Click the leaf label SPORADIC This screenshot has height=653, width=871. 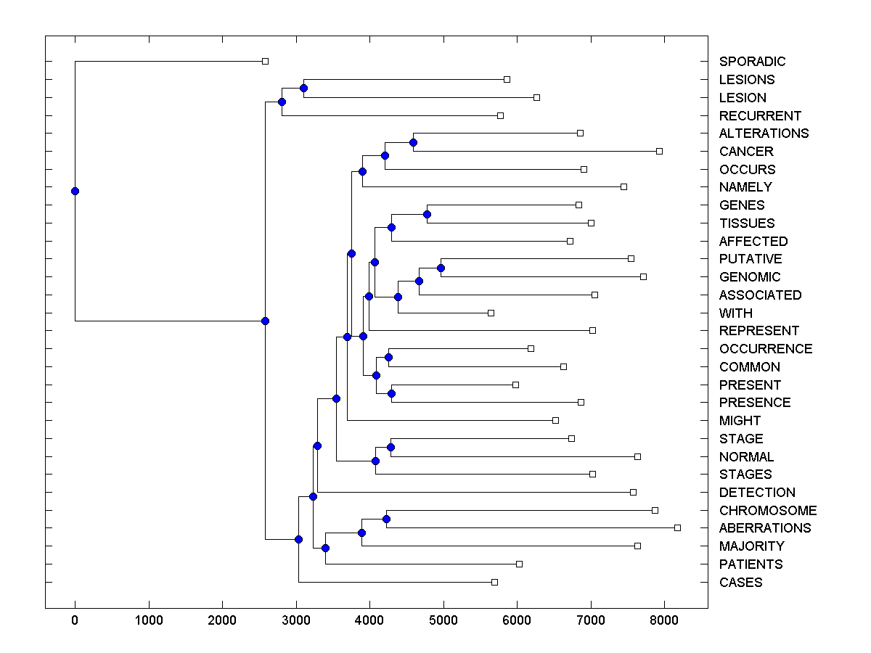click(752, 62)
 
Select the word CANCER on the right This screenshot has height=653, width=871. click(746, 152)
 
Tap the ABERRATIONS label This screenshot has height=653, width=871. click(765, 528)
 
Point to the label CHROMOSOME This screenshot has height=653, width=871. click(768, 511)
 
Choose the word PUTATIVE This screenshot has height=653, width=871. click(751, 259)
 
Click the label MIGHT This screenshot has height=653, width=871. click(740, 421)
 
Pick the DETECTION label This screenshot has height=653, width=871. click(757, 493)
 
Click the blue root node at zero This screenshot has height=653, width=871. click(75, 191)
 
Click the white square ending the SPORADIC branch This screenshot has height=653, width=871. click(265, 62)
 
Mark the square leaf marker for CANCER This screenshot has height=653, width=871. click(659, 151)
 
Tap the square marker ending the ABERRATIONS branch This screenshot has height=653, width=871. click(677, 527)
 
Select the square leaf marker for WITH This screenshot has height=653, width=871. click(491, 313)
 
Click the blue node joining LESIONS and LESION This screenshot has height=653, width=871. click(303, 89)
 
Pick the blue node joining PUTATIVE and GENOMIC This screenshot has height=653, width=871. click(441, 268)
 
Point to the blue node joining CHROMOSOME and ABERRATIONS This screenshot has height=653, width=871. click(386, 519)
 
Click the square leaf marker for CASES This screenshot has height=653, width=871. click(494, 582)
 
